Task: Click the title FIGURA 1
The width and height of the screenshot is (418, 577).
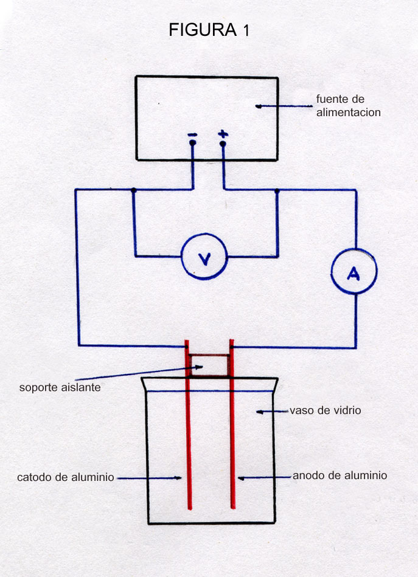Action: [x=209, y=30]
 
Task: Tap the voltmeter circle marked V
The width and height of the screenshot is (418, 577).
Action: [x=204, y=257]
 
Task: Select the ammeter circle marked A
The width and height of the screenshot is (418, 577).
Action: [x=354, y=274]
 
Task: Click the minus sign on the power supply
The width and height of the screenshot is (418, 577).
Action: [x=192, y=134]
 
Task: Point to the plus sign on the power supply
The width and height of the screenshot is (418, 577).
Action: [x=223, y=134]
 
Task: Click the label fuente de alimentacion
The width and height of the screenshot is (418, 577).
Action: [x=348, y=106]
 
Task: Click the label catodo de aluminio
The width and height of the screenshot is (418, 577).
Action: [x=66, y=478]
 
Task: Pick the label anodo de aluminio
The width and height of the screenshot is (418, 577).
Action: [x=340, y=475]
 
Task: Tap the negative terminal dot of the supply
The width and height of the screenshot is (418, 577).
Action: [x=192, y=143]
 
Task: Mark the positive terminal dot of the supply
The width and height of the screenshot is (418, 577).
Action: [x=223, y=144]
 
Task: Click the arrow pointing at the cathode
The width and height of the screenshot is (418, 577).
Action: [x=150, y=478]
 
